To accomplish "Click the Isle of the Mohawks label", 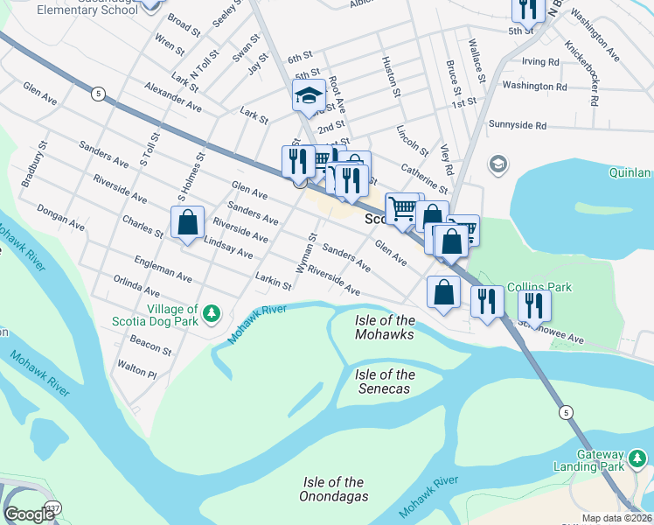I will (x=385, y=327).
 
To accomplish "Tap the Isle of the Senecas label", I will (x=385, y=381).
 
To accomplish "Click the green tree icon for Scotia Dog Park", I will (x=211, y=313).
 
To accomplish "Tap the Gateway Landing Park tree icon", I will (x=638, y=458).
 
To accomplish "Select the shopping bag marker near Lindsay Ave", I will (x=188, y=222).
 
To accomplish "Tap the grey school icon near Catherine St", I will (x=497, y=164).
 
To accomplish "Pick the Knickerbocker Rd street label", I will (x=581, y=73).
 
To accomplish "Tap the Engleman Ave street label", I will (x=163, y=269).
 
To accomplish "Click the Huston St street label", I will (x=391, y=76).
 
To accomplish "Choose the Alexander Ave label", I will (x=173, y=97).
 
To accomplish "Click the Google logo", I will (x=29, y=514).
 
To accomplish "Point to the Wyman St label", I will (x=305, y=255).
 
